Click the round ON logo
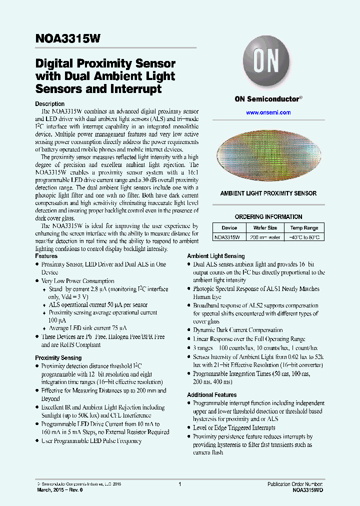tap(268, 63)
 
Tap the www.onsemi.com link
tap(268, 112)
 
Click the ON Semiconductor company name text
tap(268, 99)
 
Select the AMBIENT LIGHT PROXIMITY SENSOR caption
tap(268, 193)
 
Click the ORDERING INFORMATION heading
tap(268, 217)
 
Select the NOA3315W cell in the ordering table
tap(227, 237)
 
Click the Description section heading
tap(49, 104)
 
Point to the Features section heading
tap(46, 256)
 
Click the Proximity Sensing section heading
tap(58, 358)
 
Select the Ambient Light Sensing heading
tap(216, 256)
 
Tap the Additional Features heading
tap(211, 395)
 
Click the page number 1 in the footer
tap(179, 484)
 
